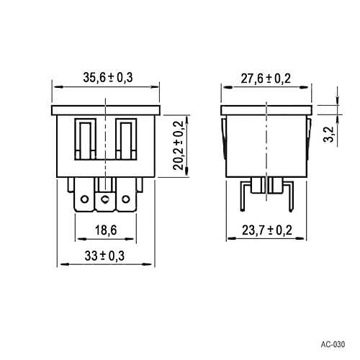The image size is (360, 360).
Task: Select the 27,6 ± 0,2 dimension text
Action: [x=266, y=78]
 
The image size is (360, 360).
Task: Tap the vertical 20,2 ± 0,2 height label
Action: [x=179, y=145]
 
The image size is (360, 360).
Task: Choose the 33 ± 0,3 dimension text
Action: [x=107, y=256]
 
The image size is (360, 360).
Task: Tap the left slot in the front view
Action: [x=85, y=138]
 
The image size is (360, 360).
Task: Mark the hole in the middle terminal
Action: [x=107, y=198]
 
